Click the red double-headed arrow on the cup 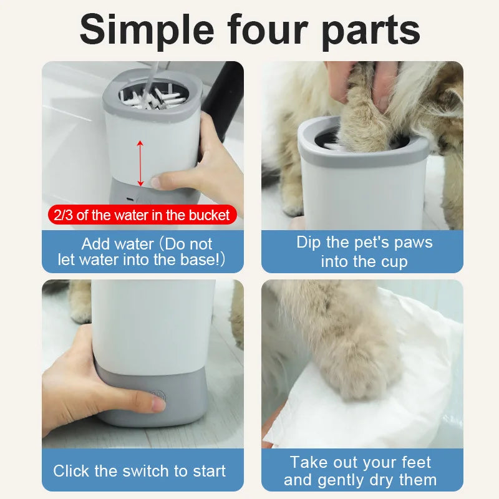(x=140, y=163)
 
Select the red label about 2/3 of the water (x=142, y=216)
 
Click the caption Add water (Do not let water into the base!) (x=142, y=251)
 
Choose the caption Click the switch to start (x=140, y=471)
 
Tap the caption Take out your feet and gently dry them (x=361, y=471)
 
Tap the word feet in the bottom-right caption (x=409, y=462)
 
